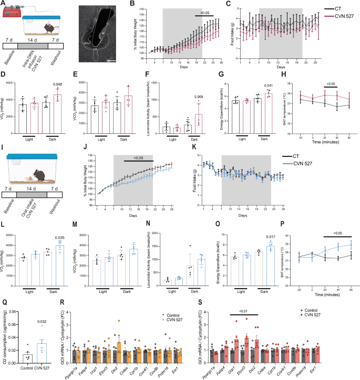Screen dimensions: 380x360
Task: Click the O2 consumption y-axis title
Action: coord(4,341)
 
